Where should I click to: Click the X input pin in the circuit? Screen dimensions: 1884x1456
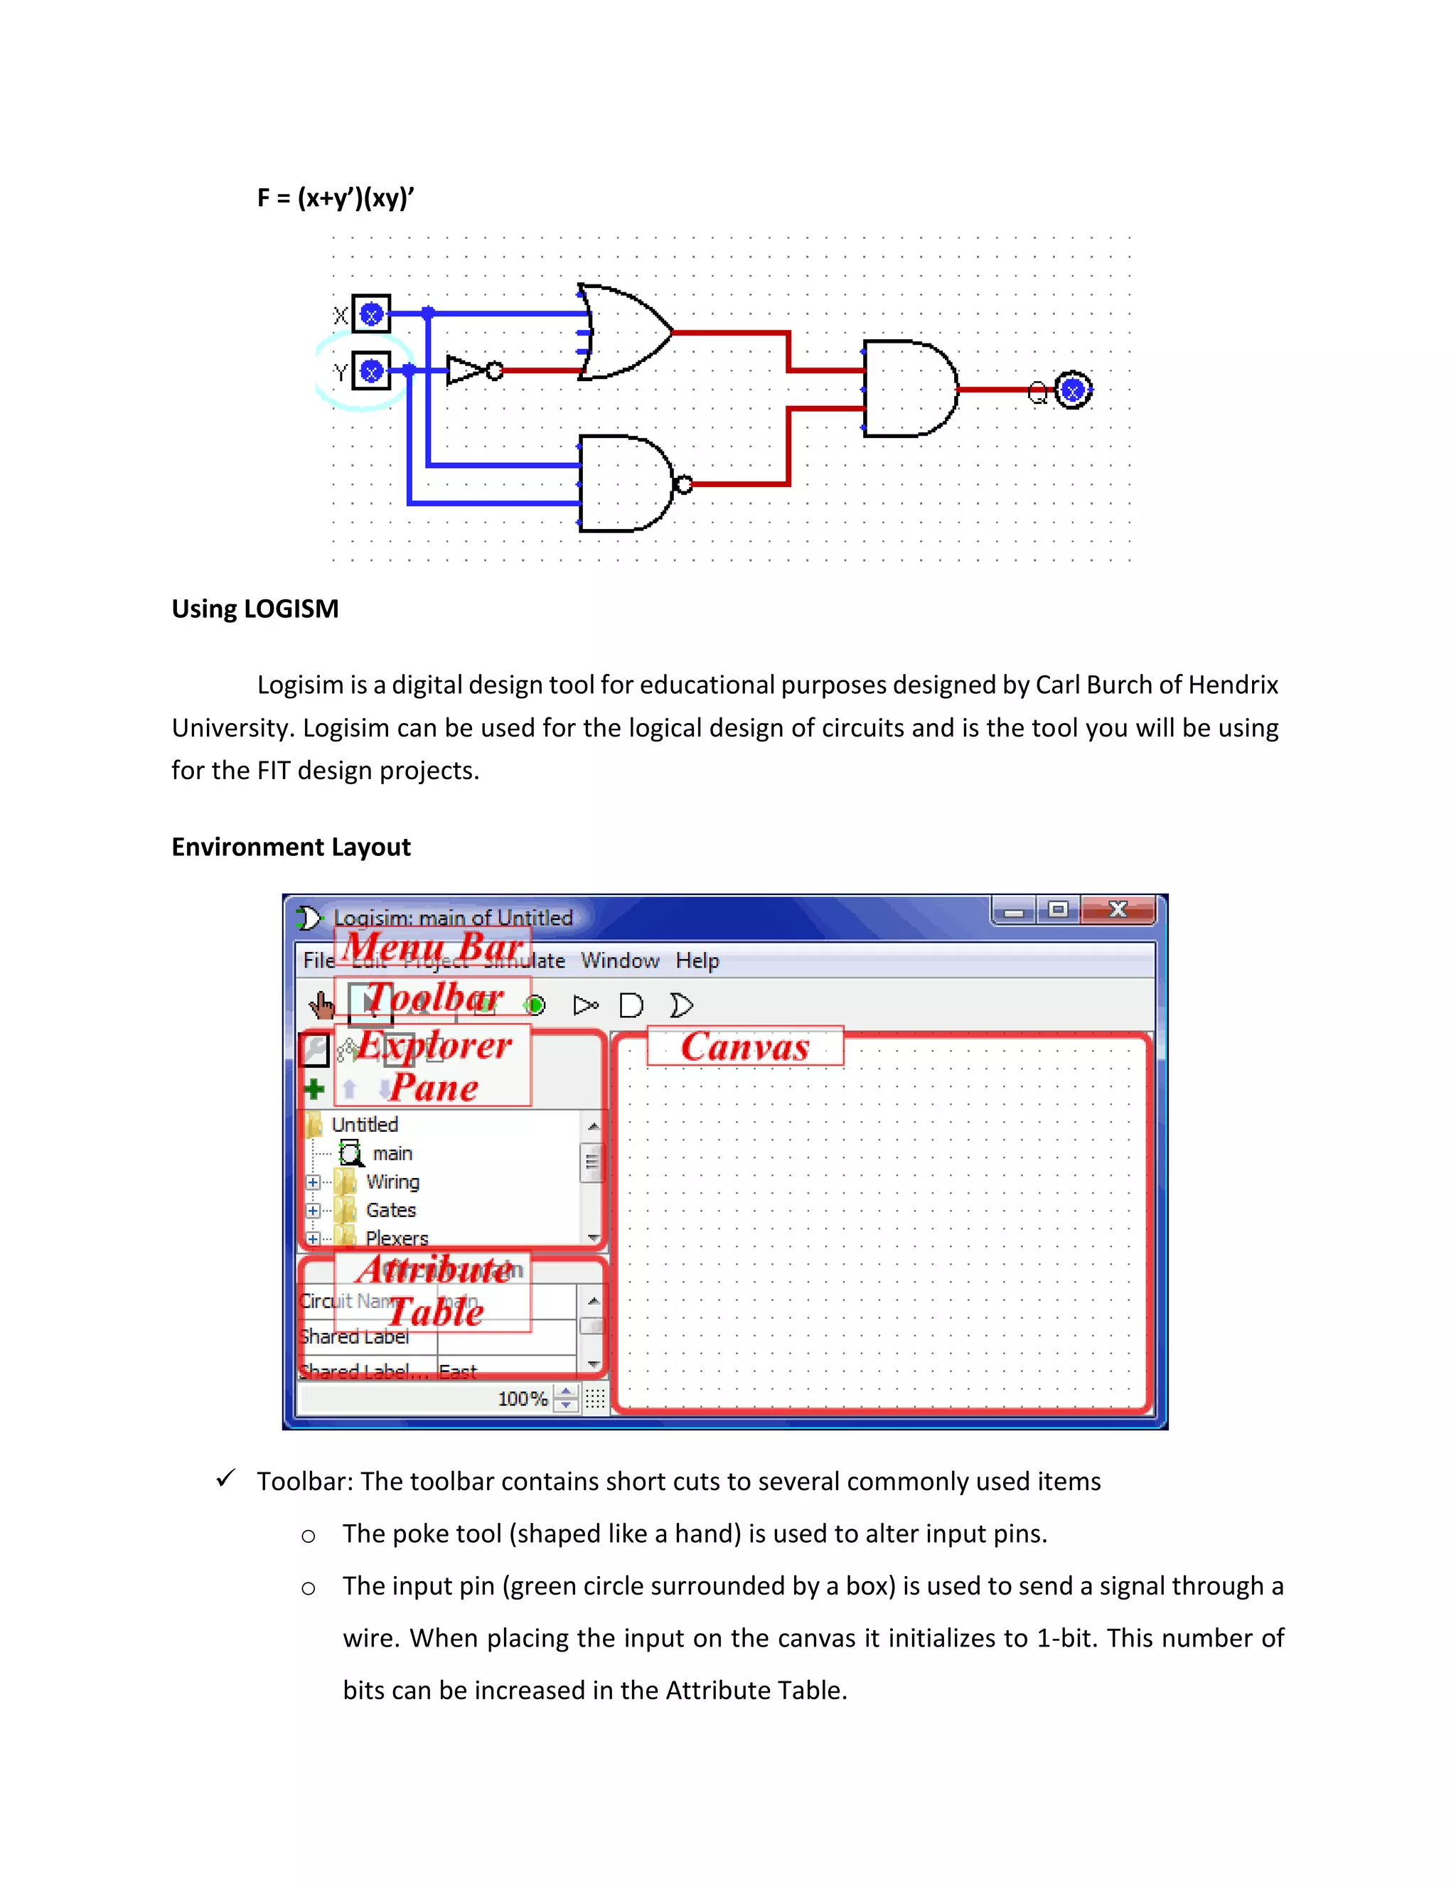tap(372, 315)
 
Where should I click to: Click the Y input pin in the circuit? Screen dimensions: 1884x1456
tap(372, 372)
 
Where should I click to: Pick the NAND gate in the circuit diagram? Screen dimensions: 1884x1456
tap(630, 484)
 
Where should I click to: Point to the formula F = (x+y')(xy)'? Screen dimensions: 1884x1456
tap(336, 198)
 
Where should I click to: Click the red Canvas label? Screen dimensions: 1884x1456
tap(745, 1047)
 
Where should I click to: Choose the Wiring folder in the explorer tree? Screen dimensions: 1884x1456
tap(392, 1182)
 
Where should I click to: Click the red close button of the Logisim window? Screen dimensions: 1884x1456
tap(1118, 910)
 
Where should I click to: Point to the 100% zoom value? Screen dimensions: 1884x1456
tap(522, 1399)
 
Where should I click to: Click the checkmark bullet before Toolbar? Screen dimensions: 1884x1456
tap(226, 1479)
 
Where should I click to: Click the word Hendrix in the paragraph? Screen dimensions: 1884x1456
tap(1233, 685)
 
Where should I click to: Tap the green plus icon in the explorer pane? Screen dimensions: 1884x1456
tap(315, 1089)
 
